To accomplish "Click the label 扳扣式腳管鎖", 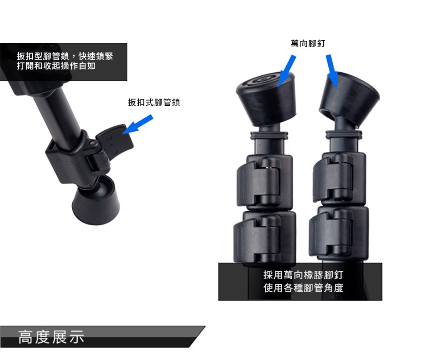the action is (x=153, y=102).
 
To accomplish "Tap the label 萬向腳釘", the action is (x=308, y=44).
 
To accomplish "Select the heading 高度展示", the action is (x=51, y=337).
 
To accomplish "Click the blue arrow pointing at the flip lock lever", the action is (x=138, y=124).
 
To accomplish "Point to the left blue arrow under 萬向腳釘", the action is (x=287, y=70).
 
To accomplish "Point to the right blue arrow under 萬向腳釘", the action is (x=332, y=71).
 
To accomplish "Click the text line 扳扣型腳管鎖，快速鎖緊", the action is (x=65, y=56).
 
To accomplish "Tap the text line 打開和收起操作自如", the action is (x=56, y=66).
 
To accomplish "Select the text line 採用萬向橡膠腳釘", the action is (x=303, y=275).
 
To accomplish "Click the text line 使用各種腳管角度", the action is (x=303, y=288).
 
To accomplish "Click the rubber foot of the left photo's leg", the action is (x=96, y=201).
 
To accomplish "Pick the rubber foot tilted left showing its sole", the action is (x=266, y=98).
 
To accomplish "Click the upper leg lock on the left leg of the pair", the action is (x=265, y=182).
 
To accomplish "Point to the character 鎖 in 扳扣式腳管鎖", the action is (x=175, y=102).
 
